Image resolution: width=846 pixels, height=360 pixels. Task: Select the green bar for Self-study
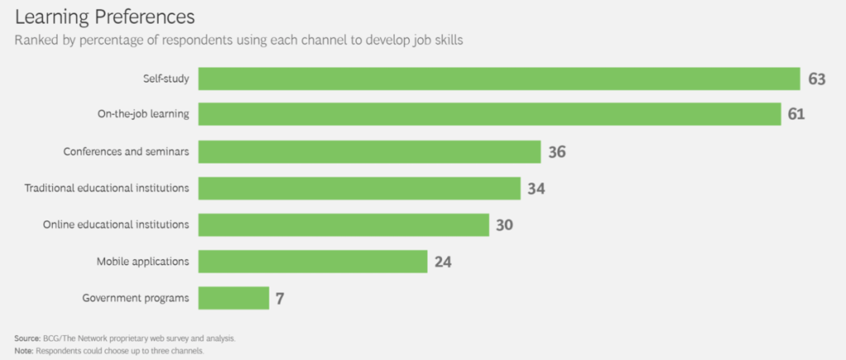pos(499,78)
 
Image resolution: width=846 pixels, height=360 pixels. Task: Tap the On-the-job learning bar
pos(489,114)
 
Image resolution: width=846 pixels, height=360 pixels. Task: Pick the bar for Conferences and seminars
pos(369,151)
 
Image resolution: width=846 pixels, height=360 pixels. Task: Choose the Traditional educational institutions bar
pos(359,188)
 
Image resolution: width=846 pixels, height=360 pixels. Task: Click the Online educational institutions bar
pos(344,225)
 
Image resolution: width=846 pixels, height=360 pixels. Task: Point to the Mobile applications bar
pos(312,262)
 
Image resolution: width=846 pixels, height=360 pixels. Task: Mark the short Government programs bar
pos(234,298)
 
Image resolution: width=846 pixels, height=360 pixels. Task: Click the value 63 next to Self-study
pos(817,79)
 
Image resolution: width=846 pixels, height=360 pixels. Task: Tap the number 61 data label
pos(796,115)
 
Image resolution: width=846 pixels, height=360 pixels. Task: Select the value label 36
pos(557,152)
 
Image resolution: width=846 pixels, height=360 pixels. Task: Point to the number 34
pos(536,189)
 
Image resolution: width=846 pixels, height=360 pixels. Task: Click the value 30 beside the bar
pos(505,225)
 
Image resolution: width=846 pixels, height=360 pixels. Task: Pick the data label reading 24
pos(443,263)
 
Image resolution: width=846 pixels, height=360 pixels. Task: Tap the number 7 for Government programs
pos(280,299)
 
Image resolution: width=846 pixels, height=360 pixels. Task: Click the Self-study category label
pos(166,78)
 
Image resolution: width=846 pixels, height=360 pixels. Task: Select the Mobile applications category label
pos(143,262)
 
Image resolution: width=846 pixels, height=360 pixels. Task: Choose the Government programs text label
pos(136,298)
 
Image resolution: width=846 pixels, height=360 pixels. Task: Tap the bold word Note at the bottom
pos(22,349)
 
